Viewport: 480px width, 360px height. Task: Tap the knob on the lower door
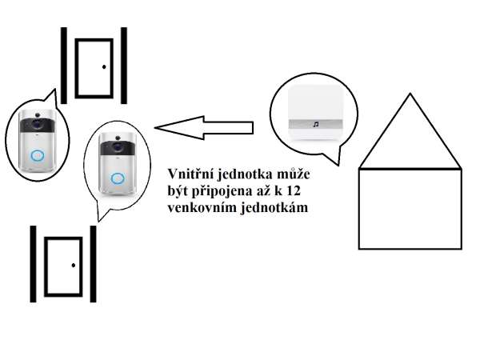coord(73,264)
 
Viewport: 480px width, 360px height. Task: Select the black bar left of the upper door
coord(64,66)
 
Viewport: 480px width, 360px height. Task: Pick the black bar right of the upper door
coord(124,66)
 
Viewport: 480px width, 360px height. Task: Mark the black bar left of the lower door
coord(33,264)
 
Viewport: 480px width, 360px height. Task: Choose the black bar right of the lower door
coord(93,264)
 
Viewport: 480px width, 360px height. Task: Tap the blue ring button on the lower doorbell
coord(118,178)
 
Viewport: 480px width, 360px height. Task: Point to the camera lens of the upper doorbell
coord(37,125)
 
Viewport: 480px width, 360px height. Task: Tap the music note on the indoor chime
coord(316,124)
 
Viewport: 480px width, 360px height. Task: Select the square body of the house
coord(410,208)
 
